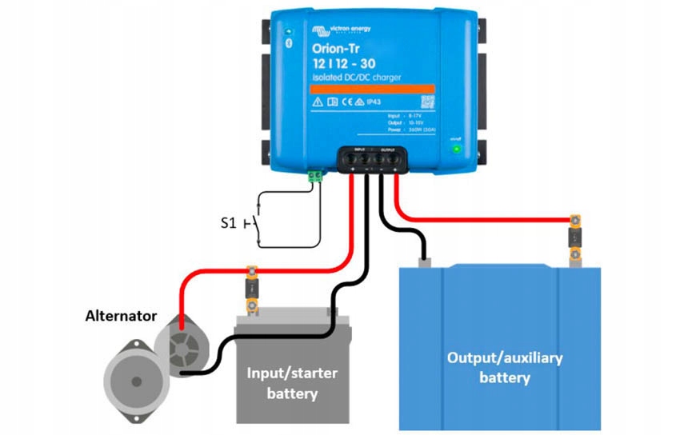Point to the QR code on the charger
[x=427, y=102]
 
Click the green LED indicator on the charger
[x=456, y=149]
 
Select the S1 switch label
[x=229, y=223]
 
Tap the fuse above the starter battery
[x=250, y=289]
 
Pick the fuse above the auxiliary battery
[x=574, y=237]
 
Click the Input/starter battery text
[x=292, y=383]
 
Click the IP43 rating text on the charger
[x=374, y=102]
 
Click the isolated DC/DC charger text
[x=356, y=78]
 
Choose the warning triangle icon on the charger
[x=318, y=102]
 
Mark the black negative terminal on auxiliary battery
[x=424, y=259]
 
